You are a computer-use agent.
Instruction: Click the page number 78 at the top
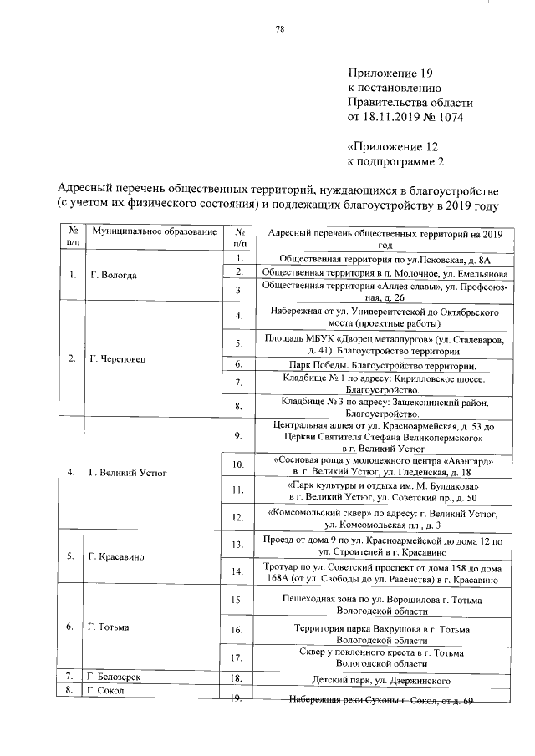(x=280, y=30)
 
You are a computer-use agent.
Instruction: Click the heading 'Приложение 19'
(x=386, y=74)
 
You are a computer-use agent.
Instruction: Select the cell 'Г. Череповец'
(x=117, y=359)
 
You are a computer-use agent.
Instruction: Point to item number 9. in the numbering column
(x=238, y=435)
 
